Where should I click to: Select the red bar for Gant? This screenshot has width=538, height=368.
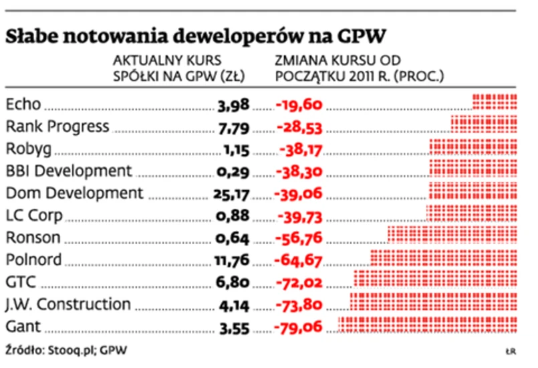(428, 326)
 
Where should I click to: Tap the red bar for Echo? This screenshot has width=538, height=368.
(495, 102)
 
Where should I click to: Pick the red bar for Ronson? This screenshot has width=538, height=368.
(452, 236)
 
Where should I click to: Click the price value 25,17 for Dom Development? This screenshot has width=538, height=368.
(233, 193)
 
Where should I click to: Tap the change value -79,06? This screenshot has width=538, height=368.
(299, 327)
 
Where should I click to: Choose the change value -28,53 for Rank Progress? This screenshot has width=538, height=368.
(299, 126)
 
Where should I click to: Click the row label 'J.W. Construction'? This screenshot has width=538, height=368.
(68, 304)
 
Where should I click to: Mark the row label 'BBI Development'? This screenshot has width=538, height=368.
(68, 171)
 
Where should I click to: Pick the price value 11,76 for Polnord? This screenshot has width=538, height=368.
(233, 260)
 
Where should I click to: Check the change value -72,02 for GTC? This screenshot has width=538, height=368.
(299, 282)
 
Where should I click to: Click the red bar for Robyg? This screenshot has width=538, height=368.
(473, 147)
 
